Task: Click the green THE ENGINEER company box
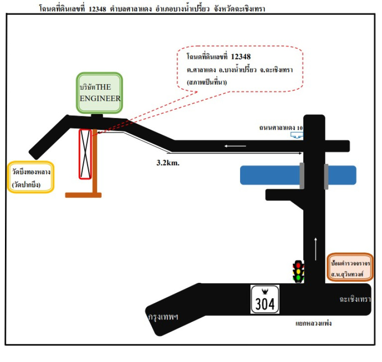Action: [x=99, y=93]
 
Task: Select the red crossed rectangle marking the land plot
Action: [x=85, y=153]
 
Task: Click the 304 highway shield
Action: [x=265, y=299]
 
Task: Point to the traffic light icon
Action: [x=298, y=271]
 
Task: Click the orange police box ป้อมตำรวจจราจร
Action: [x=351, y=267]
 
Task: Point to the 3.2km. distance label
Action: [x=168, y=163]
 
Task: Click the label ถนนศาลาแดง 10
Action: [x=281, y=128]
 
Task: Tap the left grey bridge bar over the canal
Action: [x=302, y=175]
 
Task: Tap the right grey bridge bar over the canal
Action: [x=325, y=175]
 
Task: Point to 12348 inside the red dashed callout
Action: [x=241, y=57]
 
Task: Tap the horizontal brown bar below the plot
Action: [x=83, y=195]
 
